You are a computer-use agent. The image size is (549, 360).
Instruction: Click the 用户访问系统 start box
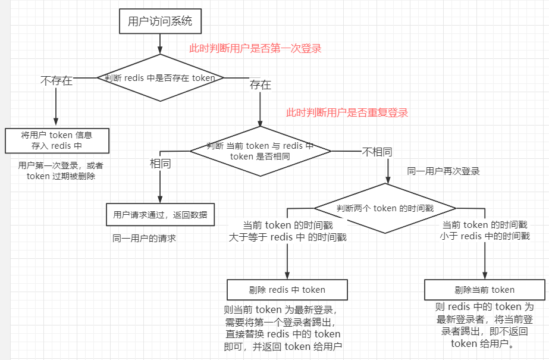click(160, 22)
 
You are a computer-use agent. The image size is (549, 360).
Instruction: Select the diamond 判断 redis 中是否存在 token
click(160, 77)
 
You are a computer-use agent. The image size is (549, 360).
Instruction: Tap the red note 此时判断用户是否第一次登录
click(255, 49)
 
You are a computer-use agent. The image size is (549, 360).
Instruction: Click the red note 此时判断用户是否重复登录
click(347, 112)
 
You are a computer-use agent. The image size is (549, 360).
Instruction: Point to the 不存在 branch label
click(57, 81)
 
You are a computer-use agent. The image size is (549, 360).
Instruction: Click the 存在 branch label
click(261, 85)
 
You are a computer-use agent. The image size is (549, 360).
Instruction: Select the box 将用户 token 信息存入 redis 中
click(57, 140)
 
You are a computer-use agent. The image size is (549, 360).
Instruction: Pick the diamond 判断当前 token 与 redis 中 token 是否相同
click(260, 151)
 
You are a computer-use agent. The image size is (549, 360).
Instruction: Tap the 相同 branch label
click(160, 164)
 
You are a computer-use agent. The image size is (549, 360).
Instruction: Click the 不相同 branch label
click(377, 152)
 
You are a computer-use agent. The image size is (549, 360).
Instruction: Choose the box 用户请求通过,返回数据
click(160, 215)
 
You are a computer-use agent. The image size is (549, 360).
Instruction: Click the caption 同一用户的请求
click(145, 239)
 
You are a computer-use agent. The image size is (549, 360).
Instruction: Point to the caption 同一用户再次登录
click(443, 171)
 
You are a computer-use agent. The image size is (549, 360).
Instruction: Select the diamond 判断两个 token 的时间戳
click(385, 208)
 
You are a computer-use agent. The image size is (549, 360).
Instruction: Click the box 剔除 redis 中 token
click(287, 290)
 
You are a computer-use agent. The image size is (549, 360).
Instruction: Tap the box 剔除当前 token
click(484, 290)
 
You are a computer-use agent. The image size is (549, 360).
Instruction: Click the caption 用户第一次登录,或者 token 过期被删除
click(61, 171)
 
